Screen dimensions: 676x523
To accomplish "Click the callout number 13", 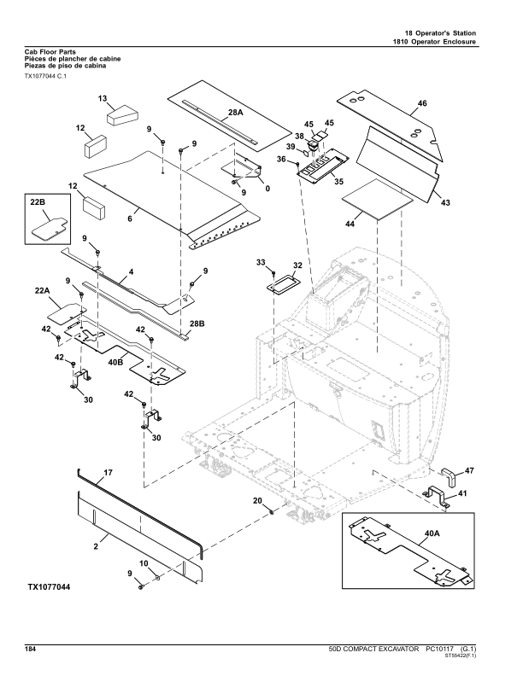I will pos(102,98).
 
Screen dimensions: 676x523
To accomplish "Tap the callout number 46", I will pos(421,105).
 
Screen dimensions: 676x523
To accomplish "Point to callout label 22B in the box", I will pos(38,202).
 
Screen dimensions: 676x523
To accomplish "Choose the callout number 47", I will pos(468,469).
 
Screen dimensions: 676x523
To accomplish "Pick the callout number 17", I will pos(109,471).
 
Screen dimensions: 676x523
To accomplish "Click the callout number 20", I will pos(256,502).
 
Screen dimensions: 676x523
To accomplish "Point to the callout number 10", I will pos(144,564).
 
